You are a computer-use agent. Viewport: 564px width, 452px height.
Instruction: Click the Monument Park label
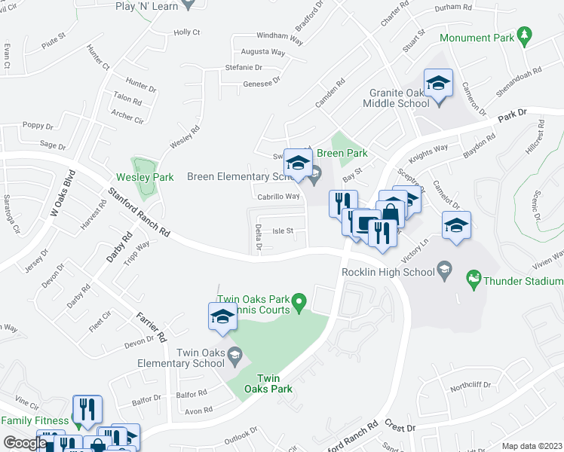click(x=476, y=38)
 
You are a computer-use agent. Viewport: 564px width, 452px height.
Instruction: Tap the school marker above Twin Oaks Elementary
click(x=222, y=317)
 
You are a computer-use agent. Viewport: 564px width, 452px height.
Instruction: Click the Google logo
click(x=25, y=443)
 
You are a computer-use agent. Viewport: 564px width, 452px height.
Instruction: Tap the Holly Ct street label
click(x=186, y=32)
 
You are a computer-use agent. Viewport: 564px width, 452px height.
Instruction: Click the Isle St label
click(x=282, y=231)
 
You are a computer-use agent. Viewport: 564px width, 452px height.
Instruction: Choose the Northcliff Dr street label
click(x=471, y=385)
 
